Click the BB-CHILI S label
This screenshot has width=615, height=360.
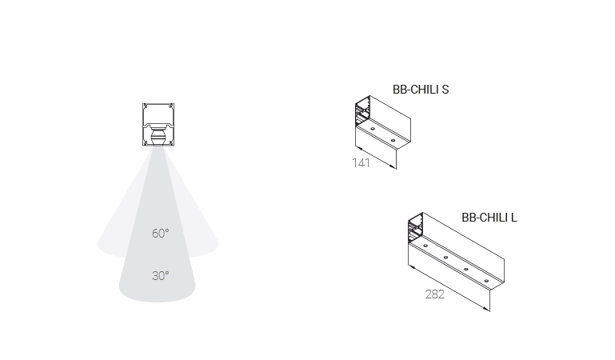421,90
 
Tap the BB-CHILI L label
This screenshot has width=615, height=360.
489,218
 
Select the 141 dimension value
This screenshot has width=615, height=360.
361,162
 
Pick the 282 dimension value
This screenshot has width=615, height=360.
435,294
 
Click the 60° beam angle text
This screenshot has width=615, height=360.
161,234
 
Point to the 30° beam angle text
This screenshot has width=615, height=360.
161,276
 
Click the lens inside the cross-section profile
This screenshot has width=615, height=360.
158,137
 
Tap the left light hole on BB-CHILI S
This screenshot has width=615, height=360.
373,129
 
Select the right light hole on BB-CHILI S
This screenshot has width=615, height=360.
393,140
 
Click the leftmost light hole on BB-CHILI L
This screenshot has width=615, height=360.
425,246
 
